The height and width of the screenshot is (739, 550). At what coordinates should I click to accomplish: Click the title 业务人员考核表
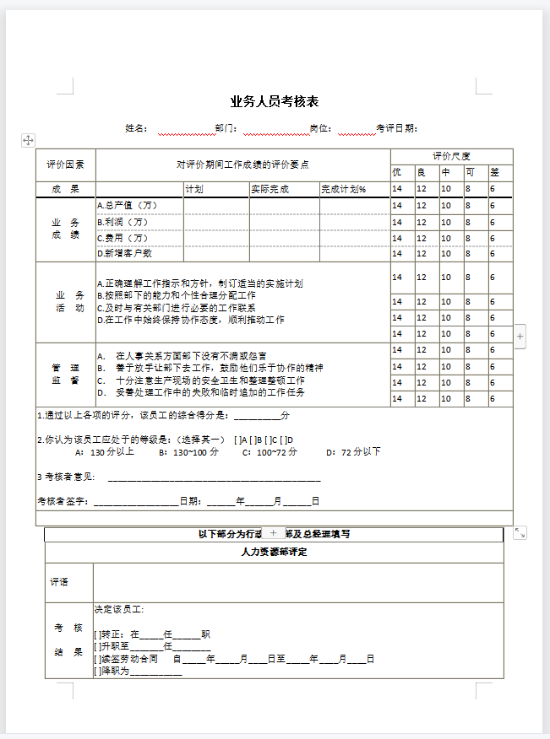275,102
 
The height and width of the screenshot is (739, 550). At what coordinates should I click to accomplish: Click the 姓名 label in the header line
135,129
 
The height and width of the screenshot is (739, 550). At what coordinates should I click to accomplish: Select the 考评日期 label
395,129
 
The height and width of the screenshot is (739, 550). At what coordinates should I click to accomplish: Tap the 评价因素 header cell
65,165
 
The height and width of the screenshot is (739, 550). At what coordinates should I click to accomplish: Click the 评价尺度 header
451,156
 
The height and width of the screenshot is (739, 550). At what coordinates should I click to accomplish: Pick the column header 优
397,172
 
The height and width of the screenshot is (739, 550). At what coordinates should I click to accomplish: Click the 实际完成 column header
270,189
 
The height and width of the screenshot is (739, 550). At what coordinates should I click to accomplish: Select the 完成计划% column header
343,189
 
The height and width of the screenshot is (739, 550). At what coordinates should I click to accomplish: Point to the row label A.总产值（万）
128,205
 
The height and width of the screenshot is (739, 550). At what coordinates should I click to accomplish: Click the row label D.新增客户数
125,253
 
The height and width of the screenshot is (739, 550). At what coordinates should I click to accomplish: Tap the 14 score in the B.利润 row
397,222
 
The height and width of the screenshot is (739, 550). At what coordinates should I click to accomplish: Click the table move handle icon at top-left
27,140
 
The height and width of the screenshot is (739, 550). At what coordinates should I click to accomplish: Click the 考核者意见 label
68,477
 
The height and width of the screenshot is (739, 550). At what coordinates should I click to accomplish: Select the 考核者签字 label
64,501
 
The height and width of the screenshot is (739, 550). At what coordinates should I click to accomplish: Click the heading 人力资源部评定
274,553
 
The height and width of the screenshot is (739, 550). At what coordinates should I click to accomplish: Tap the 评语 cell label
59,583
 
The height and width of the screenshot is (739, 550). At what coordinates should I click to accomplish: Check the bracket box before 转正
98,634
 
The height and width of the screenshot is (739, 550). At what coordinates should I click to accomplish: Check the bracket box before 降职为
98,672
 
